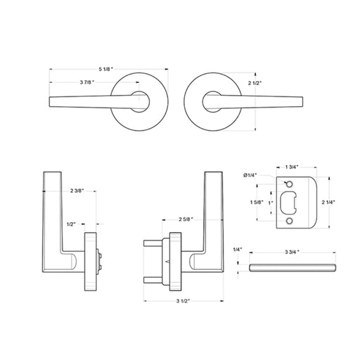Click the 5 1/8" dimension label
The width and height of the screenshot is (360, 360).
pos(105,69)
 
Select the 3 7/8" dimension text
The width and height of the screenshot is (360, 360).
pos(87,82)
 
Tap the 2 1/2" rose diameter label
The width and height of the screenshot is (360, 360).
pos(255,83)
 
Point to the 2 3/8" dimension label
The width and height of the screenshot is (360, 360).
pos(77,191)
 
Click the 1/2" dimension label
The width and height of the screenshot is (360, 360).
pos(71,224)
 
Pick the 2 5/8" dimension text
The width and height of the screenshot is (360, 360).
pos(186,219)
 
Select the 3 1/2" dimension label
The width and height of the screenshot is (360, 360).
pos(183,301)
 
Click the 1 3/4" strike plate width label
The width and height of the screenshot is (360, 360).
pos(292,167)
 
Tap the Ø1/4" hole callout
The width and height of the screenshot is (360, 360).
pos(250,175)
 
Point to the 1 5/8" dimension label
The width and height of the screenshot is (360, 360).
pos(257,202)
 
